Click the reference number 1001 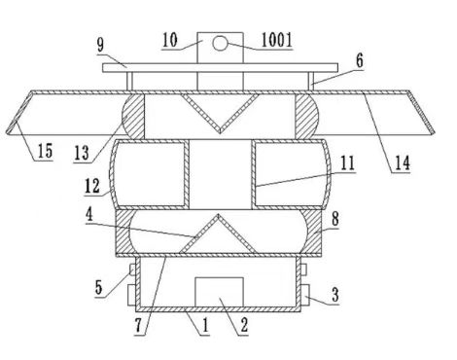coord(277,40)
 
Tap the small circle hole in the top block coord(220,44)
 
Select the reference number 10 coord(170,40)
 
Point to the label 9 coord(101,45)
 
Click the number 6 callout coord(359,60)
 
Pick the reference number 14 coord(402,163)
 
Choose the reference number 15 coord(45,151)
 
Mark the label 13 coord(82,153)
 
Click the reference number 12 coord(92,186)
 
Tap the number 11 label coord(347,163)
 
